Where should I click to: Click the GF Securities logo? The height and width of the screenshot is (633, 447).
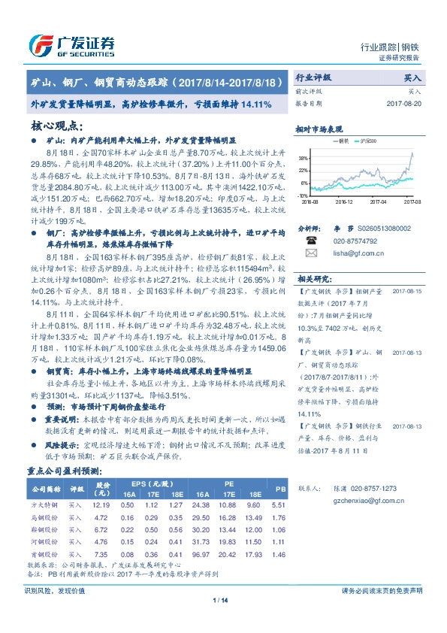pos(71,44)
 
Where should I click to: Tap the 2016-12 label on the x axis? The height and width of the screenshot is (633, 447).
pos(344,201)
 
